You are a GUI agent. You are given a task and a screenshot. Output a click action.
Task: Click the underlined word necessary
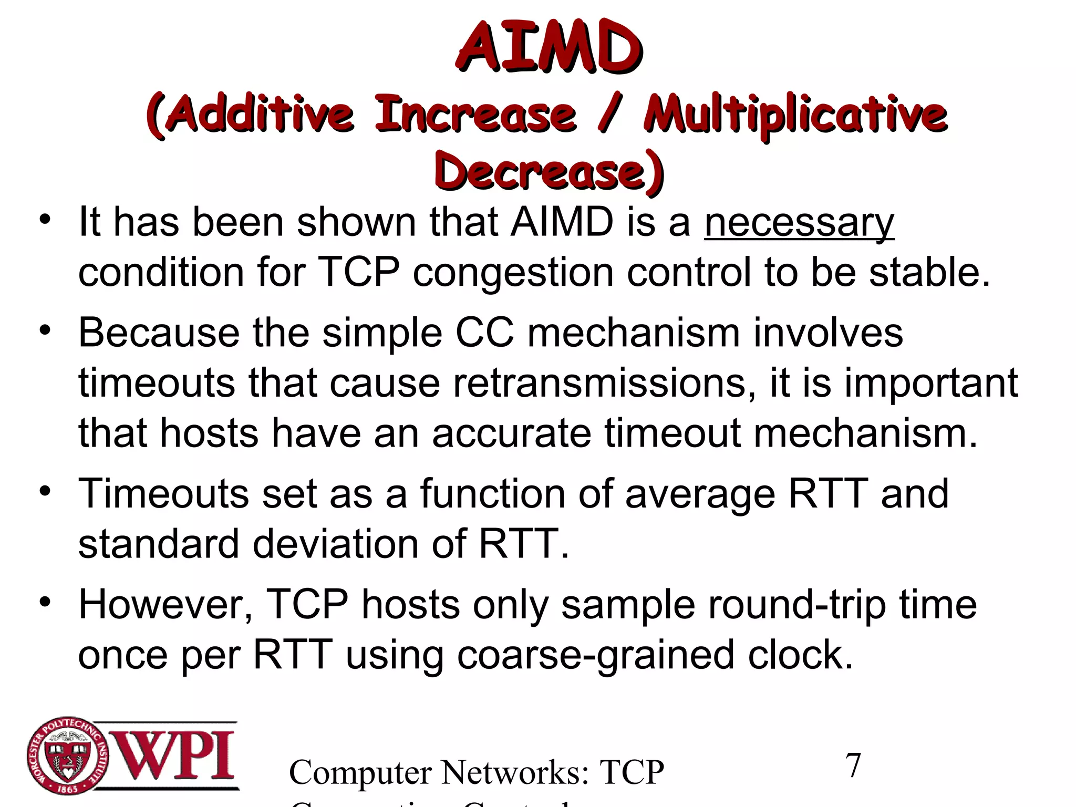pyautogui.click(x=799, y=222)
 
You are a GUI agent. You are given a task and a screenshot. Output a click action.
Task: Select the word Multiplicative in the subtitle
pyautogui.click(x=795, y=115)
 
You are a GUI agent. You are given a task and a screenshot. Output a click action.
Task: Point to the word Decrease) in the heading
pyautogui.click(x=549, y=171)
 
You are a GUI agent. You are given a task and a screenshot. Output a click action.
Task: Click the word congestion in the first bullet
pyautogui.click(x=513, y=273)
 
